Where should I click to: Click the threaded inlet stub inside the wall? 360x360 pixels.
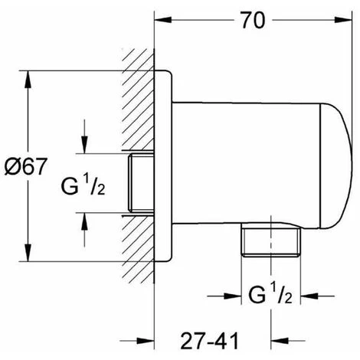click(141, 184)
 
